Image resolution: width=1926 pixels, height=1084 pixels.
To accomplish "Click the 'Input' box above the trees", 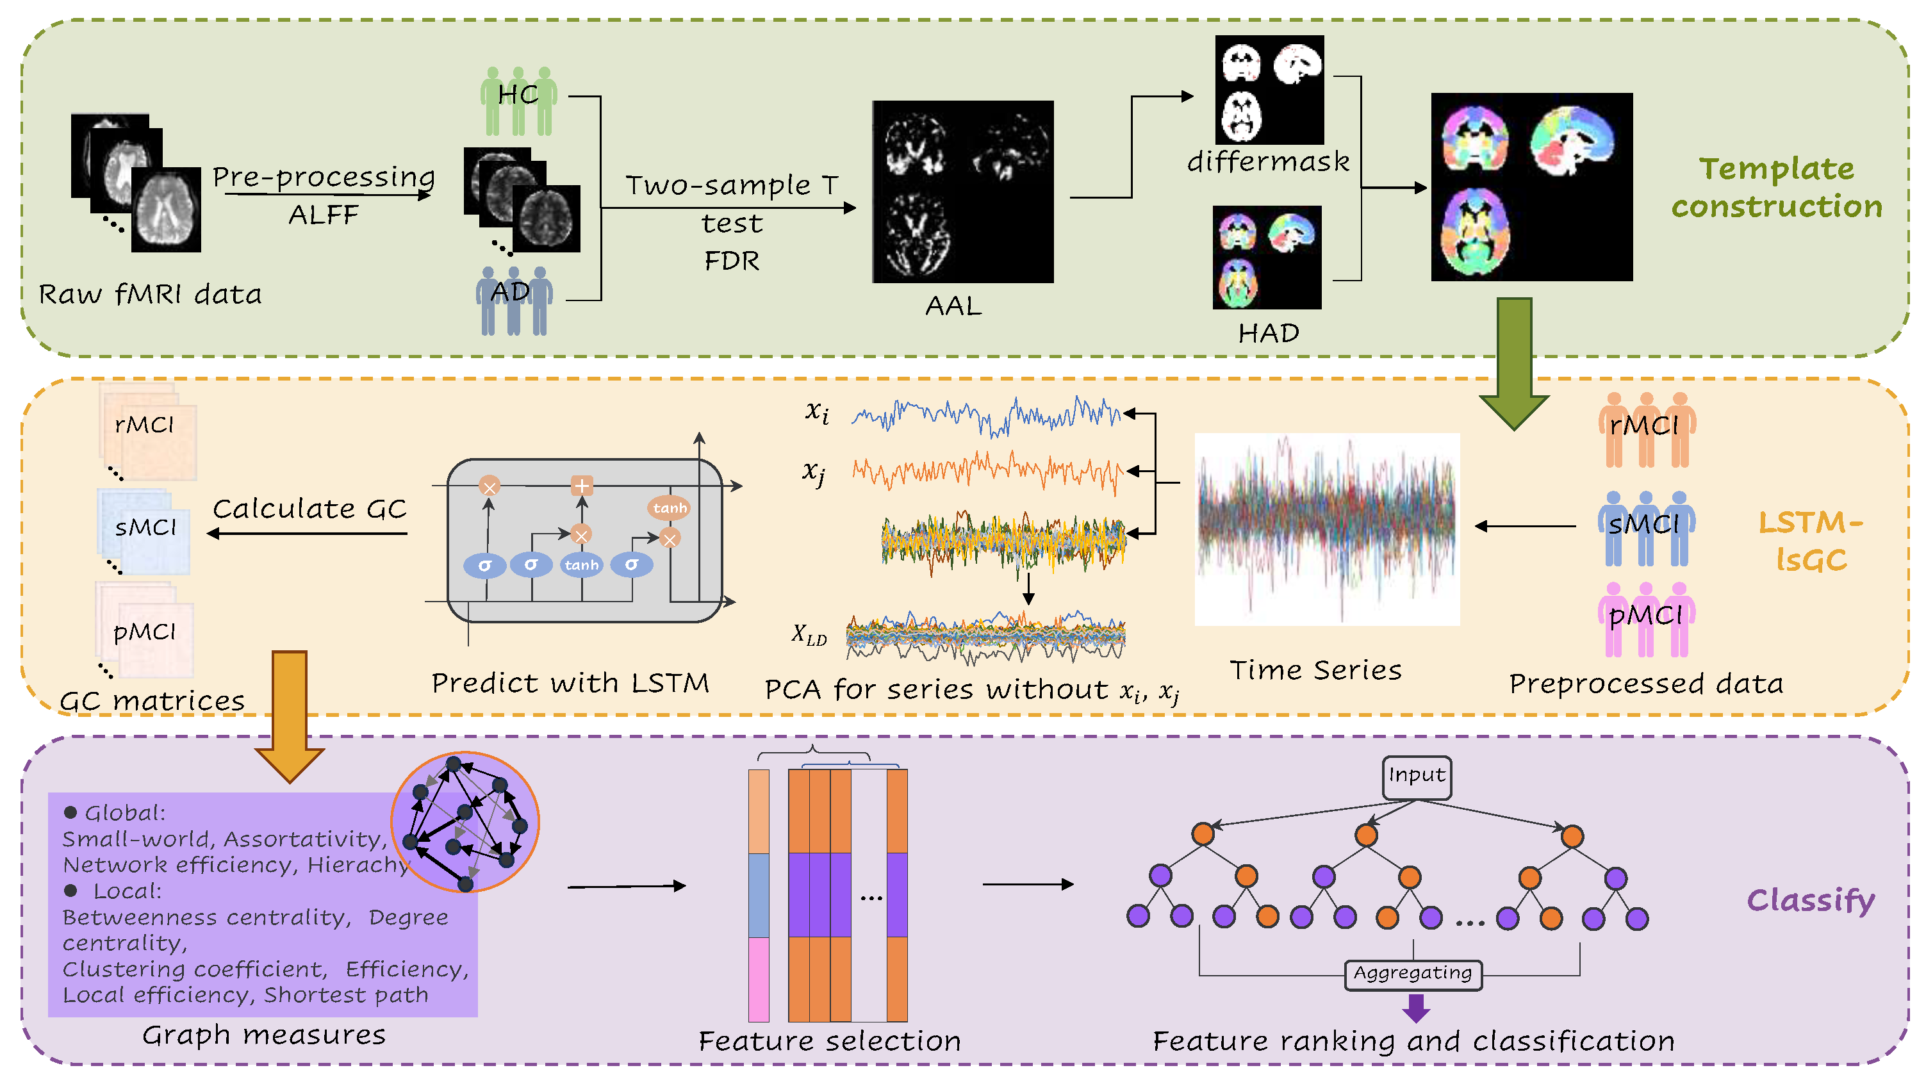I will pos(1416,776).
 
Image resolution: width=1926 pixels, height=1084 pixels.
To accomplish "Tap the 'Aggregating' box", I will pos(1412,973).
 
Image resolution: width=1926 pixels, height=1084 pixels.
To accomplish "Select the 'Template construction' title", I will pos(1777,187).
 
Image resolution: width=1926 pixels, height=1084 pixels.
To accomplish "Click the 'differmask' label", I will pos(1268,161).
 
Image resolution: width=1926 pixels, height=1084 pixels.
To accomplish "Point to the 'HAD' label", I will pos(1268,333).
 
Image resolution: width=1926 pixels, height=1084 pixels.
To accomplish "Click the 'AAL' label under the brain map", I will pos(953,306).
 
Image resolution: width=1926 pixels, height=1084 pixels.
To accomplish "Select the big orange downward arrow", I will pos(290,714).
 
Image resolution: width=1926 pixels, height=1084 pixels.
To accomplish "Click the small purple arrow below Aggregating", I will pos(1415,1008).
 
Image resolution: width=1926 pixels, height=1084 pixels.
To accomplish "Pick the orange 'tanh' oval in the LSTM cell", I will pos(669,508).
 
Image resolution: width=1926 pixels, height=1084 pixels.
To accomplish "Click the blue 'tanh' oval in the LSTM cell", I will pos(582,565).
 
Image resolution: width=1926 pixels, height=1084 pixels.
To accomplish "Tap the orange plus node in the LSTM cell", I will pos(582,486).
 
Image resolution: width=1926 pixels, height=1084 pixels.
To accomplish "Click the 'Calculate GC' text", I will pos(309,509).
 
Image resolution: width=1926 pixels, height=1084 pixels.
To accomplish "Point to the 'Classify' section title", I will pos(1810,900).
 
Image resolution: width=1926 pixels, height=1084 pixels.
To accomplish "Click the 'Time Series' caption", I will pos(1315,670).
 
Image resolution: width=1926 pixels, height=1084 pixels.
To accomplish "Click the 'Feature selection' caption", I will pos(829,1040).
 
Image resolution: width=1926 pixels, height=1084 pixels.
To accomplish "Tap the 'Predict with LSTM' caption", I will pos(570,682).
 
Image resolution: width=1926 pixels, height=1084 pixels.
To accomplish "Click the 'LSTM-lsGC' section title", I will pos(1810,541).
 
